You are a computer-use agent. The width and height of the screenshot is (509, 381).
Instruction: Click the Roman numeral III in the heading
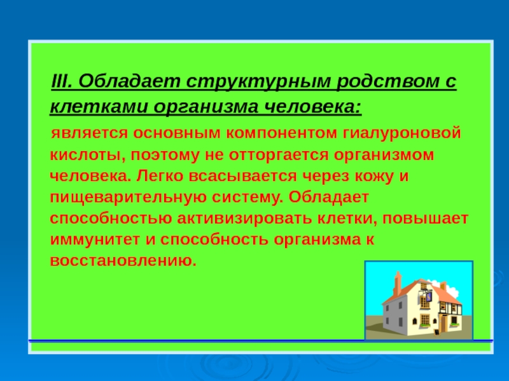61,81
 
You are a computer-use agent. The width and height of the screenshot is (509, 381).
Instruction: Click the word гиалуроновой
402,133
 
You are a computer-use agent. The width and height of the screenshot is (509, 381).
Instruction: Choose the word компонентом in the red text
281,133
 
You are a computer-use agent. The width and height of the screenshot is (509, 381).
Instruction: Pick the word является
89,133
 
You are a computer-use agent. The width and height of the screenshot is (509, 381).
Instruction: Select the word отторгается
279,154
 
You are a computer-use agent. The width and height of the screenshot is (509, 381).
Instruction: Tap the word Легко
160,177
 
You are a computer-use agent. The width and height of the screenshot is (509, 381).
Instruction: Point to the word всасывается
242,177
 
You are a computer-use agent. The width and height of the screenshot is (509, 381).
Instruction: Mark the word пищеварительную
129,197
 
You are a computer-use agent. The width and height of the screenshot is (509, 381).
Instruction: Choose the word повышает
425,218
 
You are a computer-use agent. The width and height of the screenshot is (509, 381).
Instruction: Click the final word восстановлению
123,261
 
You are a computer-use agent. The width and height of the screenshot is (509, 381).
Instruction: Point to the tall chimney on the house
397,283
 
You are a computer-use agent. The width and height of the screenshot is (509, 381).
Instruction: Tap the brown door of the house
443,324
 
